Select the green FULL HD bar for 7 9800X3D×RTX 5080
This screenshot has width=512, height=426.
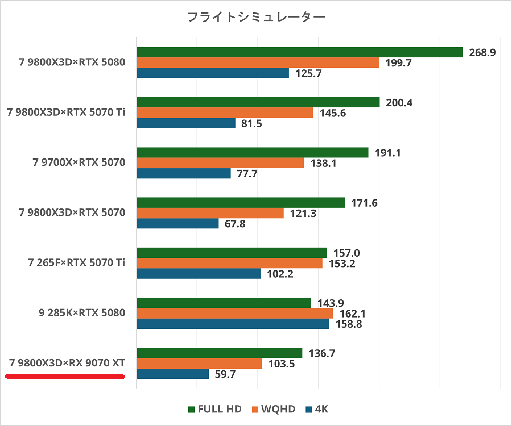click(x=299, y=52)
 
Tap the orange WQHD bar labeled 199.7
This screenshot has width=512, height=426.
click(x=257, y=62)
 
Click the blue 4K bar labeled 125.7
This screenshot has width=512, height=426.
click(x=212, y=73)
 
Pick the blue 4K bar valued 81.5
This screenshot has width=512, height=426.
click(x=185, y=123)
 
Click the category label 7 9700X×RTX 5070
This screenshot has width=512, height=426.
click(x=79, y=162)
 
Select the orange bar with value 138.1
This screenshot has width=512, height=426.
click(x=220, y=163)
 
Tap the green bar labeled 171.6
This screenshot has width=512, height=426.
click(x=240, y=203)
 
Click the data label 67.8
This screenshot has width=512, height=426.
click(x=234, y=224)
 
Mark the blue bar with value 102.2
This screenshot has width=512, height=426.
click(x=198, y=274)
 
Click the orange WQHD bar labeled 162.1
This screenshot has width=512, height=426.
click(x=234, y=313)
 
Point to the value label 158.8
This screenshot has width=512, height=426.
click(x=348, y=324)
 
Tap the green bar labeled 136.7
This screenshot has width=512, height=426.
click(x=219, y=353)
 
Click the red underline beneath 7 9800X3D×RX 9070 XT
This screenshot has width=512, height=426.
click(x=64, y=375)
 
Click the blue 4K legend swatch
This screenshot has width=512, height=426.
click(x=309, y=409)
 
